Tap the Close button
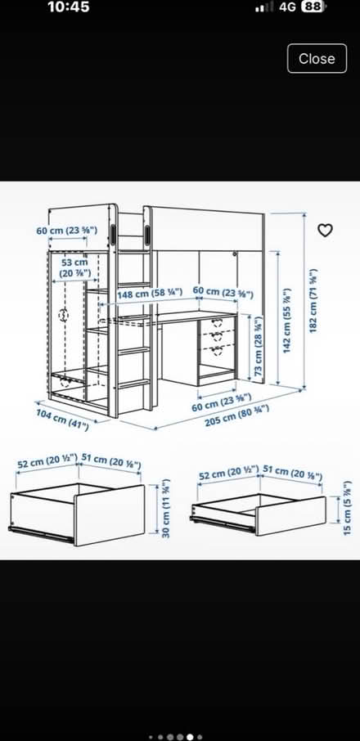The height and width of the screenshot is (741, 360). (317, 58)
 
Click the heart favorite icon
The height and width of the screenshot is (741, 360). (325, 230)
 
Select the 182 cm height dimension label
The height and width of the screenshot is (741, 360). (313, 300)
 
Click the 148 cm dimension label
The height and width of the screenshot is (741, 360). (150, 294)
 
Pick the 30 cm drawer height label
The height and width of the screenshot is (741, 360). (165, 509)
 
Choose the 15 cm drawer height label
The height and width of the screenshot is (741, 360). (348, 508)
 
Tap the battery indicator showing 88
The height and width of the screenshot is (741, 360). (314, 7)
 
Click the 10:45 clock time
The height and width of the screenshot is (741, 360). (69, 7)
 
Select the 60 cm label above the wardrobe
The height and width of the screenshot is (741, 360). (66, 231)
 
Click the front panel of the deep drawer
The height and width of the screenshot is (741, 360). (110, 515)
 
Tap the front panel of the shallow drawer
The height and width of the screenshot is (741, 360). (290, 515)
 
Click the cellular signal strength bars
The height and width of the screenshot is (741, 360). (264, 7)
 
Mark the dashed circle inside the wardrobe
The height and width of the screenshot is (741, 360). (63, 315)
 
